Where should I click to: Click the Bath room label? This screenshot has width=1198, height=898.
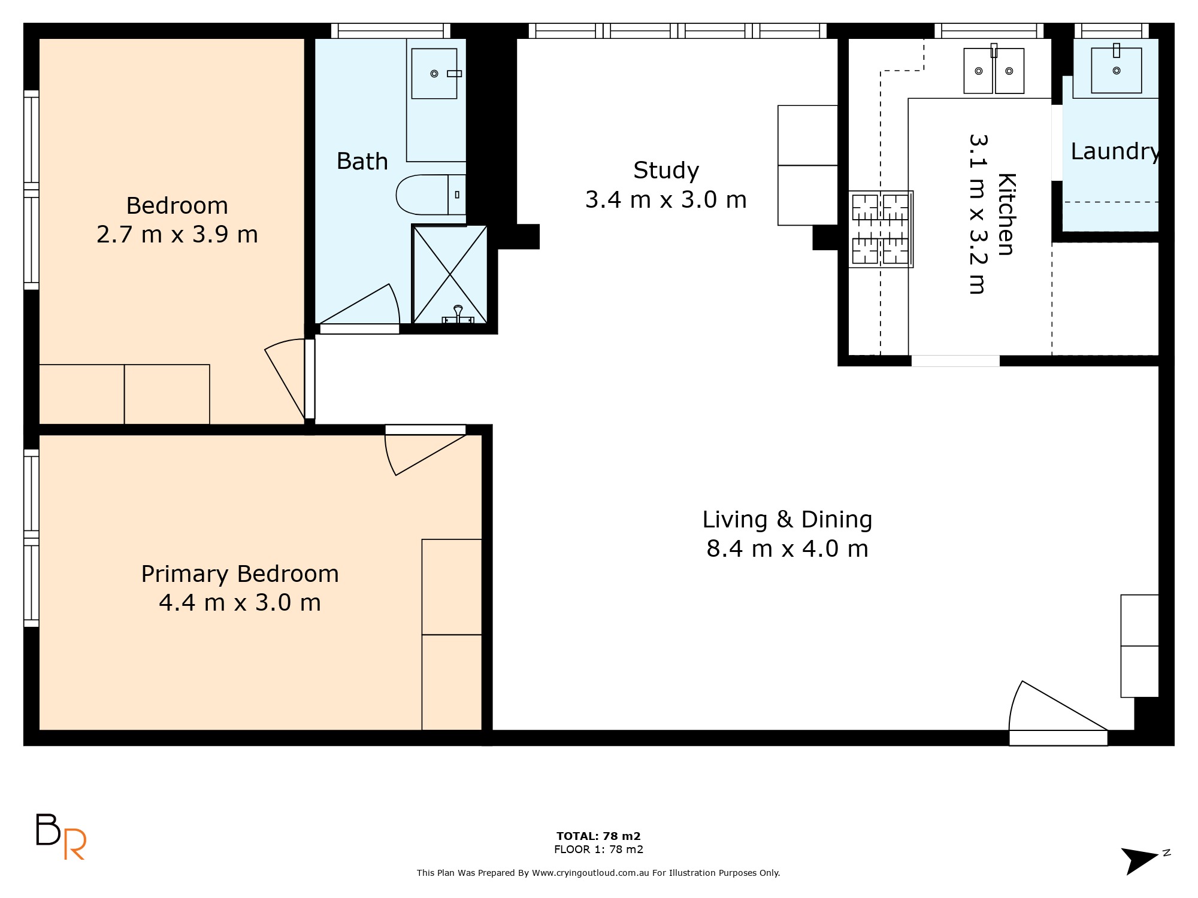pyautogui.click(x=362, y=162)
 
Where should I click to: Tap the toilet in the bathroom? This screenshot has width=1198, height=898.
pyautogui.click(x=431, y=195)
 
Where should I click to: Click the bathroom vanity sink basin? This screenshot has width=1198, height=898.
pyautogui.click(x=434, y=74)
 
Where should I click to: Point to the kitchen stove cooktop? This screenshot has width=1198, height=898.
pyautogui.click(x=881, y=229)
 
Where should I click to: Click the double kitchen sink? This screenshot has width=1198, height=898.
pyautogui.click(x=994, y=71)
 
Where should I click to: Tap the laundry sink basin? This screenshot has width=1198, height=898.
pyautogui.click(x=1117, y=71)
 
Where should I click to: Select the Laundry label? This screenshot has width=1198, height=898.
pyautogui.click(x=1115, y=151)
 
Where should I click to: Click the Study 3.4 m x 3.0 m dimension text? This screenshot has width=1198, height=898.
pyautogui.click(x=666, y=199)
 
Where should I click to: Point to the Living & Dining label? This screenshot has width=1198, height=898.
pyautogui.click(x=787, y=519)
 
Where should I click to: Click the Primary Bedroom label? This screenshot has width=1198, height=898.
pyautogui.click(x=240, y=574)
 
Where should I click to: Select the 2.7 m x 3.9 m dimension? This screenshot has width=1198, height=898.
pyautogui.click(x=177, y=234)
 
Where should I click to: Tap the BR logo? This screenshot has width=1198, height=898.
pyautogui.click(x=60, y=836)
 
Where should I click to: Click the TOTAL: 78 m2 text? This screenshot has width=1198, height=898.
pyautogui.click(x=598, y=836)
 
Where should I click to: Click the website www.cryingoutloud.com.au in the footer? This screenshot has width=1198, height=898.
pyautogui.click(x=591, y=873)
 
